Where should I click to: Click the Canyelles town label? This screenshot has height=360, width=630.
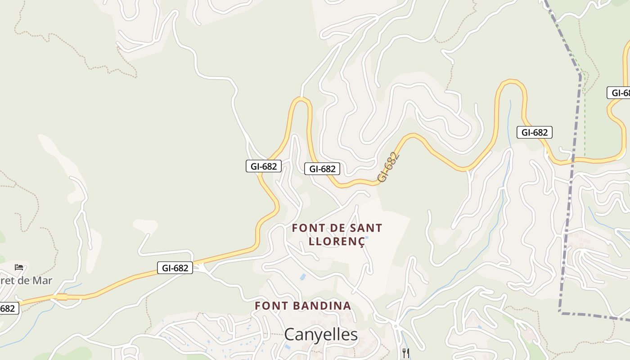[321, 335]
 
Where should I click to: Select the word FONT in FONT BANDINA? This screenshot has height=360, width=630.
[270, 306]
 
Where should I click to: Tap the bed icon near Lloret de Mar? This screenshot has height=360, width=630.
[19, 267]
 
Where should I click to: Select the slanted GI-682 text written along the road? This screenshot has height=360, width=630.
[388, 167]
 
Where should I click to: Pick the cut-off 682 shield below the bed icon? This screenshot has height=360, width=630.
[9, 308]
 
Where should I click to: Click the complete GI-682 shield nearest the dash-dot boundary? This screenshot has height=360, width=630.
[534, 132]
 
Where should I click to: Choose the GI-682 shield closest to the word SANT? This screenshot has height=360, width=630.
[322, 169]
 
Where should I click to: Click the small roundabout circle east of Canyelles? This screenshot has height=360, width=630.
[396, 325]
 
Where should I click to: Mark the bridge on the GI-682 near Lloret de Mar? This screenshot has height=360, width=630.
[62, 297]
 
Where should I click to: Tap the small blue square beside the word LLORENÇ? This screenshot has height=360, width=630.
[367, 238]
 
